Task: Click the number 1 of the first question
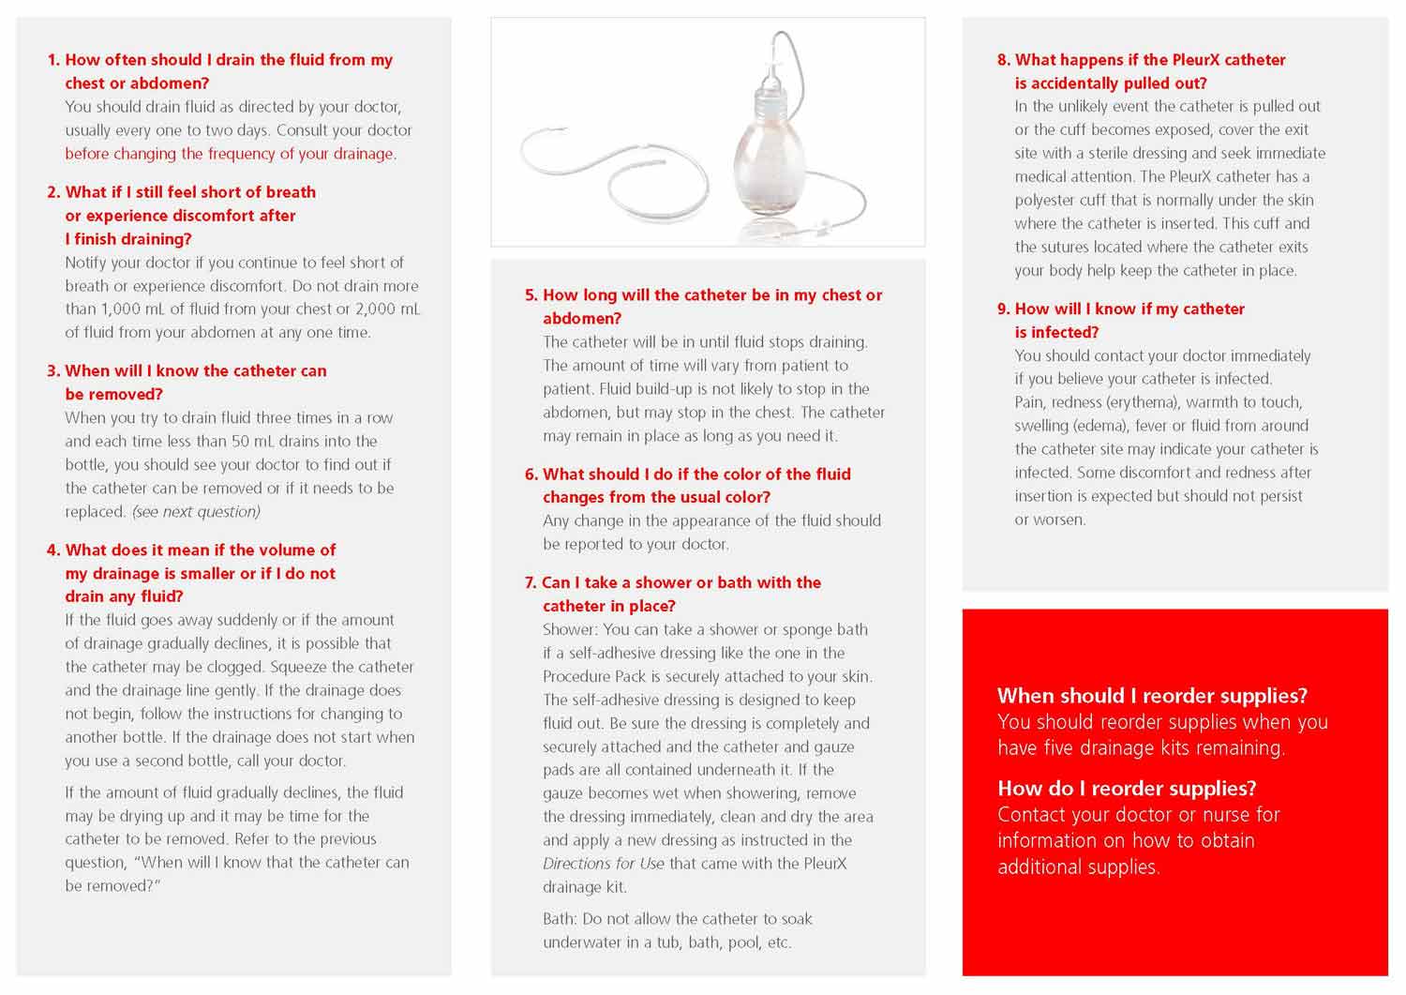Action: [x=53, y=60]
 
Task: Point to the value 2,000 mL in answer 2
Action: [x=387, y=309]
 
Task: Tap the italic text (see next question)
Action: [x=196, y=512]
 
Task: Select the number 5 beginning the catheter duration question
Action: [x=531, y=295]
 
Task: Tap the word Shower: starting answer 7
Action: [x=570, y=630]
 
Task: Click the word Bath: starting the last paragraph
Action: [x=560, y=919]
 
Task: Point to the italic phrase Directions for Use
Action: [x=604, y=864]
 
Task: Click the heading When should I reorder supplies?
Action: [x=1152, y=696]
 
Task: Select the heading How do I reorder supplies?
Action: [x=1127, y=789]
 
